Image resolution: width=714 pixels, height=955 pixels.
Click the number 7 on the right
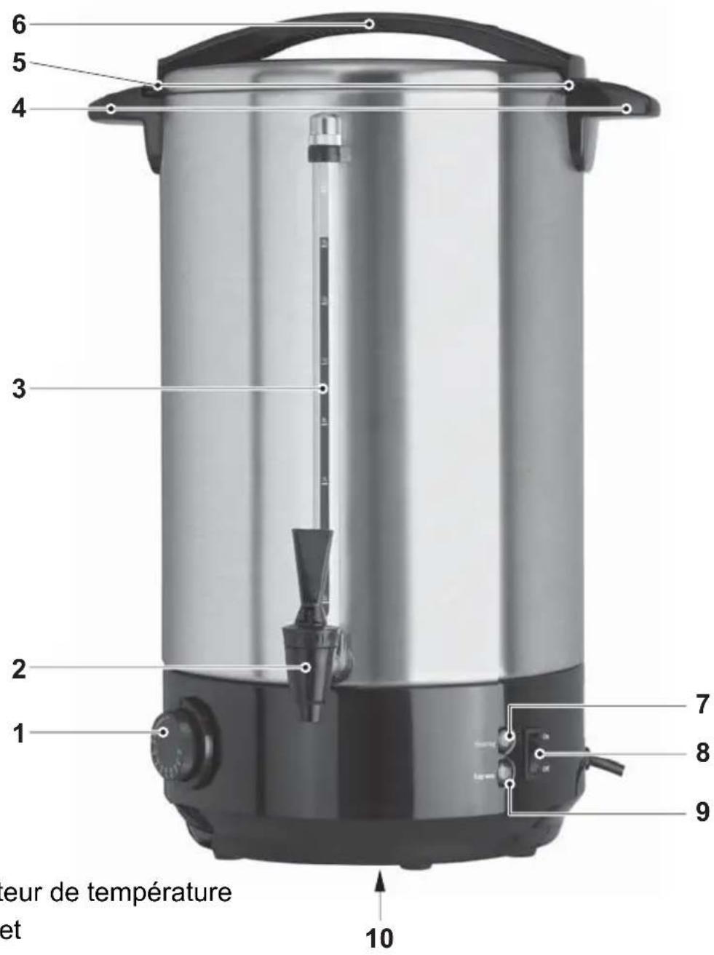tap(701, 705)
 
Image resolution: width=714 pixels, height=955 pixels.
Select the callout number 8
tap(701, 753)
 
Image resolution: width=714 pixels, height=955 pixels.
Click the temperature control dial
tap(178, 741)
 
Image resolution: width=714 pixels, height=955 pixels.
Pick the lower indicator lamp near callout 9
tap(507, 772)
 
